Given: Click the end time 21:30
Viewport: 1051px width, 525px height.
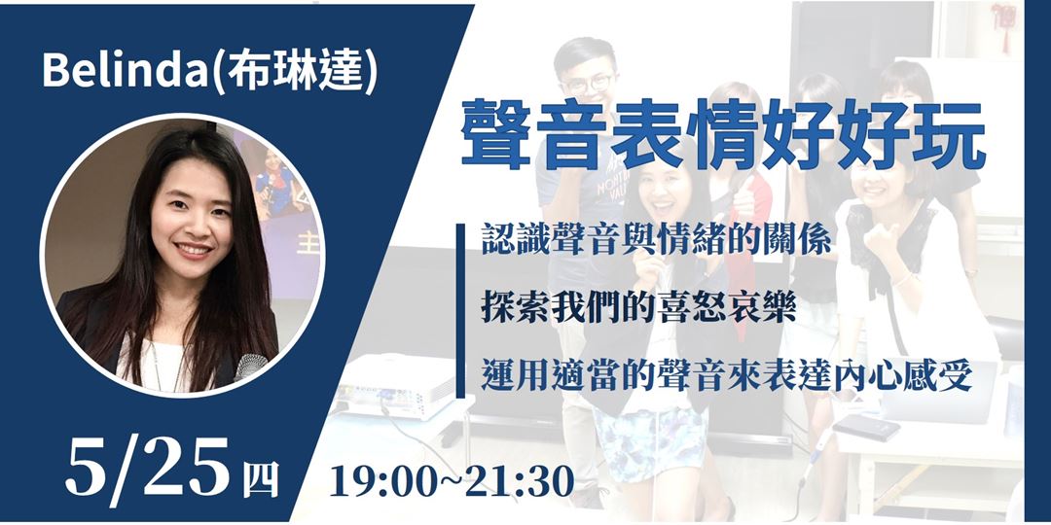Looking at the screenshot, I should [x=521, y=480].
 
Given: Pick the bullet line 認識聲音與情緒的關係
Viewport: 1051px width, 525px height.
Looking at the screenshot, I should [x=657, y=240].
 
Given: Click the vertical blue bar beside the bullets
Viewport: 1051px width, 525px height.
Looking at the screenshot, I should [x=460, y=310].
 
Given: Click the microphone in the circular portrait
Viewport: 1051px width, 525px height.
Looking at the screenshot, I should [x=252, y=367].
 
